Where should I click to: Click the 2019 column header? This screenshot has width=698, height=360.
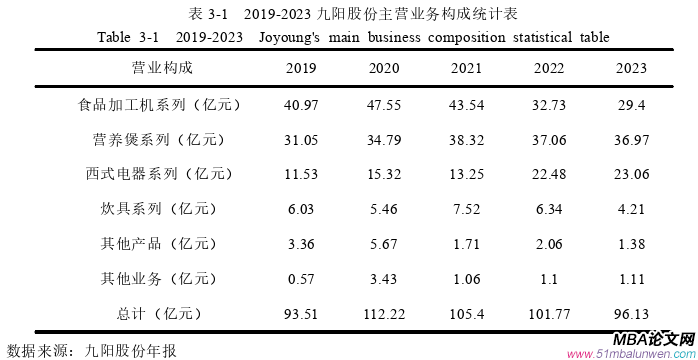301,68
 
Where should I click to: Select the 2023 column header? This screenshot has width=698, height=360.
632,68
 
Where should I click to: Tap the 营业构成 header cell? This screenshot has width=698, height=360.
161,68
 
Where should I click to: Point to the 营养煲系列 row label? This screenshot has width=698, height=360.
160,138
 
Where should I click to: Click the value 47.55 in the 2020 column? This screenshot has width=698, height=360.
383,103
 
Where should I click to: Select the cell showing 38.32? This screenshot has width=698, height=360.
466,138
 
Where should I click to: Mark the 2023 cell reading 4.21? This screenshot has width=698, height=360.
632,208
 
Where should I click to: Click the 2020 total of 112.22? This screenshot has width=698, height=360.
383,313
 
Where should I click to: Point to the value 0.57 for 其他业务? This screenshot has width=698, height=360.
301,278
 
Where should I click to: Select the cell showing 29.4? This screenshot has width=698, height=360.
632,103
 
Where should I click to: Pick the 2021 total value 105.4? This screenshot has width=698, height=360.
466,313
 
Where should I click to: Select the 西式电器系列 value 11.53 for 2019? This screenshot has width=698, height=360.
301,173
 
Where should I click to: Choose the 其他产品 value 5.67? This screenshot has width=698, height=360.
383,243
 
